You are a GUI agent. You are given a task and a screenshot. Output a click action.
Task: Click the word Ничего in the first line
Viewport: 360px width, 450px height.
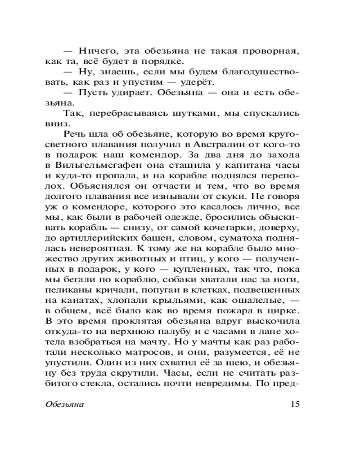click(94, 50)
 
